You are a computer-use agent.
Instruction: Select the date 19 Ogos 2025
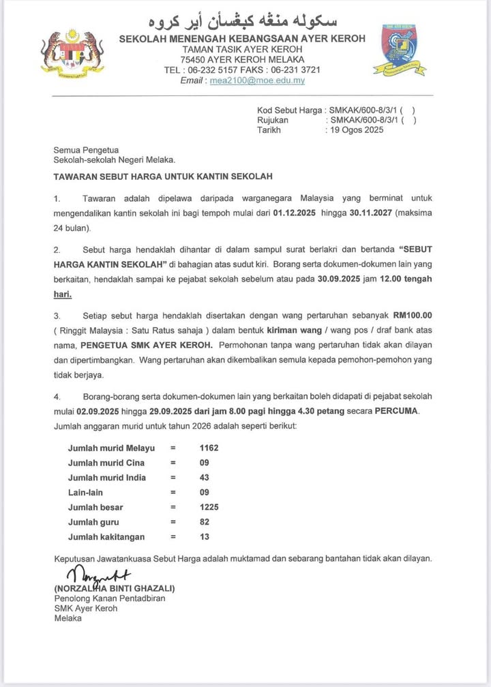click(356, 130)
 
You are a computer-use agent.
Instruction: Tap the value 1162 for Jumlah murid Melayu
click(209, 448)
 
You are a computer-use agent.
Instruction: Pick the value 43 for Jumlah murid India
click(204, 478)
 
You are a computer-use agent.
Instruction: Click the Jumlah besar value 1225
click(209, 507)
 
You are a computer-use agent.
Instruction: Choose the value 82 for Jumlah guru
click(204, 522)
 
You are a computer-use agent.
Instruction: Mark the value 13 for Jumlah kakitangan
click(204, 537)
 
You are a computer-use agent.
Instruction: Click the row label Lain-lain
click(87, 492)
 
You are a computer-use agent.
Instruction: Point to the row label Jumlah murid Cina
click(106, 463)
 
